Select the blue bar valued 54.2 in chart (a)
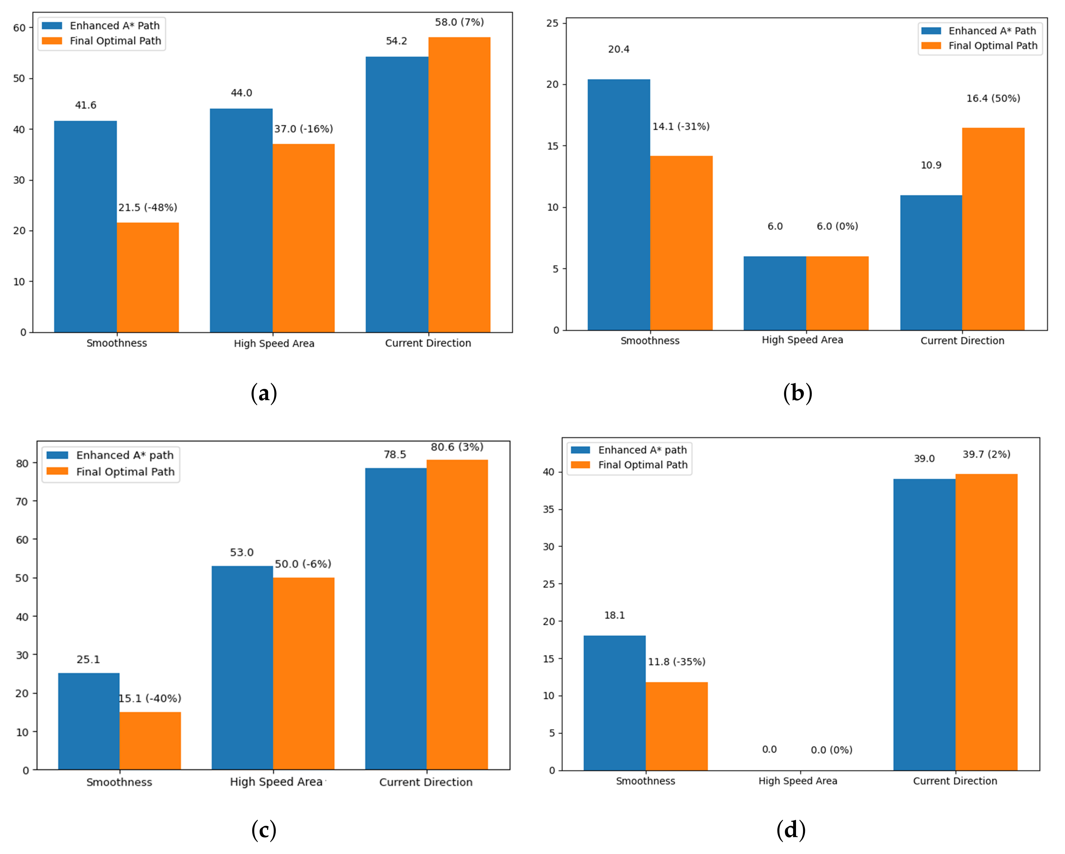[x=397, y=194]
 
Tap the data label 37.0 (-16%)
[x=303, y=129]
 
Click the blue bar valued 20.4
[x=619, y=204]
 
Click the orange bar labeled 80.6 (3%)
[x=457, y=614]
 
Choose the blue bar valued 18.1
[x=614, y=702]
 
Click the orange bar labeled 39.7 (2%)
[x=986, y=622]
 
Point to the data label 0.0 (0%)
[x=831, y=750]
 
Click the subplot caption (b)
[x=797, y=393]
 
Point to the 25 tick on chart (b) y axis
[x=552, y=23]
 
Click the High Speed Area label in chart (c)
[x=276, y=782]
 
